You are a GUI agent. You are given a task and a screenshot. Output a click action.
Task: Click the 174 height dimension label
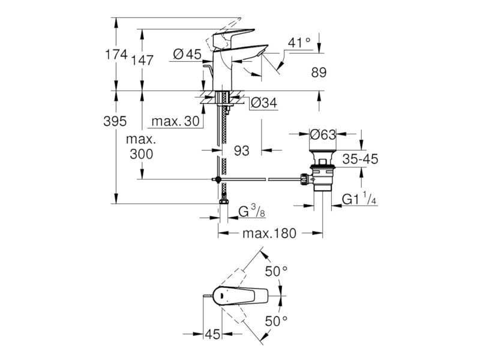(x=116, y=55)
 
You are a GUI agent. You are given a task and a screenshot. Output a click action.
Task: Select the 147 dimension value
(x=142, y=61)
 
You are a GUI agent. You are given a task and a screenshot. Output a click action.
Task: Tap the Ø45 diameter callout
(x=187, y=55)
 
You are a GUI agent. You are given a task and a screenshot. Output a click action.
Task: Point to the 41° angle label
(x=299, y=43)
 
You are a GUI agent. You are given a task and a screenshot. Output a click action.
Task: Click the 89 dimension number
(x=319, y=73)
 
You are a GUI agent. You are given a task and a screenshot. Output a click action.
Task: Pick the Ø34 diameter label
(x=264, y=103)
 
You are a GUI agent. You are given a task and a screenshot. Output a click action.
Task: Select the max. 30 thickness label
(x=175, y=122)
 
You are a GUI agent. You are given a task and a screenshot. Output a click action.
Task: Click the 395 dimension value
(x=115, y=121)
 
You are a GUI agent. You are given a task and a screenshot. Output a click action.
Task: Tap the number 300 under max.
(x=141, y=154)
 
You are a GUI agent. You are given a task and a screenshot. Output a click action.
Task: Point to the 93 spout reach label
(x=242, y=151)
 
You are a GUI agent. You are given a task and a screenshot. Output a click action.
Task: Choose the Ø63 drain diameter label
(x=323, y=134)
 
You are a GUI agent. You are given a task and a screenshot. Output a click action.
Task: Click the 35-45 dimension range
(x=360, y=159)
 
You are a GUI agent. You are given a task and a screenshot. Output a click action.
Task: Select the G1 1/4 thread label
(x=359, y=199)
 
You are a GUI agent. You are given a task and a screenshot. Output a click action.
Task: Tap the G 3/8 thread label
(x=251, y=212)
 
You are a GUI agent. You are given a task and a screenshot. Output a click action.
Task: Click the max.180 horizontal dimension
(x=269, y=233)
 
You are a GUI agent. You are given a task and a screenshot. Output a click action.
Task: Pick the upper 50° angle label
(x=276, y=271)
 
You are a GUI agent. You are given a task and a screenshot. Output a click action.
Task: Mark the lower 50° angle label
(x=276, y=321)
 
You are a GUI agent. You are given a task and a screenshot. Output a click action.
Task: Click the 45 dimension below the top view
(x=212, y=334)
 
